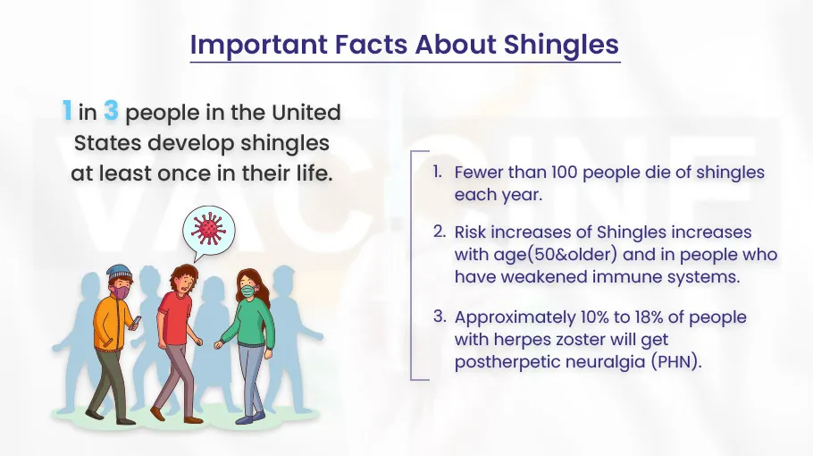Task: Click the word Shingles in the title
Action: pyautogui.click(x=562, y=45)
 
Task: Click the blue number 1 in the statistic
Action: pyautogui.click(x=67, y=111)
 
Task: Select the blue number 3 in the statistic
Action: pyautogui.click(x=111, y=111)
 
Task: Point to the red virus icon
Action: pyautogui.click(x=208, y=228)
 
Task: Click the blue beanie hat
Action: pyautogui.click(x=120, y=273)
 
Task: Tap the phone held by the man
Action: pyautogui.click(x=136, y=322)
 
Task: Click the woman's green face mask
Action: pyautogui.click(x=248, y=291)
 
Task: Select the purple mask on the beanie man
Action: pyautogui.click(x=122, y=293)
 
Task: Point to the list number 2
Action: pyautogui.click(x=440, y=232)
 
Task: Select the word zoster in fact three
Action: pyautogui.click(x=580, y=339)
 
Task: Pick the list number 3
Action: pyautogui.click(x=440, y=317)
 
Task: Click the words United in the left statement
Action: pyautogui.click(x=306, y=113)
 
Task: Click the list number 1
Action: pyautogui.click(x=438, y=172)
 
